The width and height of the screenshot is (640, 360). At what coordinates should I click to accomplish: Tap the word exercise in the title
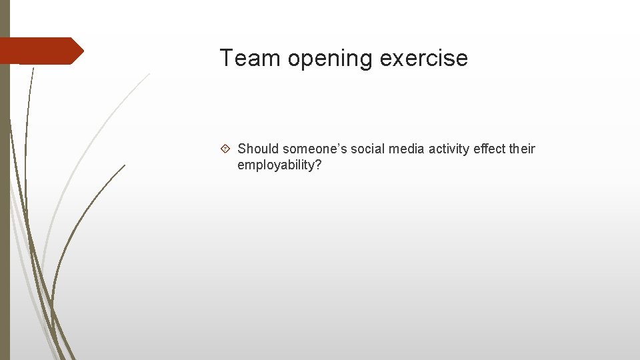point(423,59)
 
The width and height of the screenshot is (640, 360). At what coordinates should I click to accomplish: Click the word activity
point(449,149)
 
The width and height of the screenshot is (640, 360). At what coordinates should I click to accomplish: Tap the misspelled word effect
point(489,149)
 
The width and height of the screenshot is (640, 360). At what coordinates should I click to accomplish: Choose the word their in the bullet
point(522,149)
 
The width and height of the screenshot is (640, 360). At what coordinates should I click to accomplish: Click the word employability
point(275,165)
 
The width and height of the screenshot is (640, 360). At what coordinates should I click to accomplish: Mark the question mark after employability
point(318,165)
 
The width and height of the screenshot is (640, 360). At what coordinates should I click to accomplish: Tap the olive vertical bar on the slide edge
point(5,200)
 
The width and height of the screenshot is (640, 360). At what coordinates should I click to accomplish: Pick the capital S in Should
point(242,149)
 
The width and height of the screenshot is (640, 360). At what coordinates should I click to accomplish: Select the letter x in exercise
point(395,60)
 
